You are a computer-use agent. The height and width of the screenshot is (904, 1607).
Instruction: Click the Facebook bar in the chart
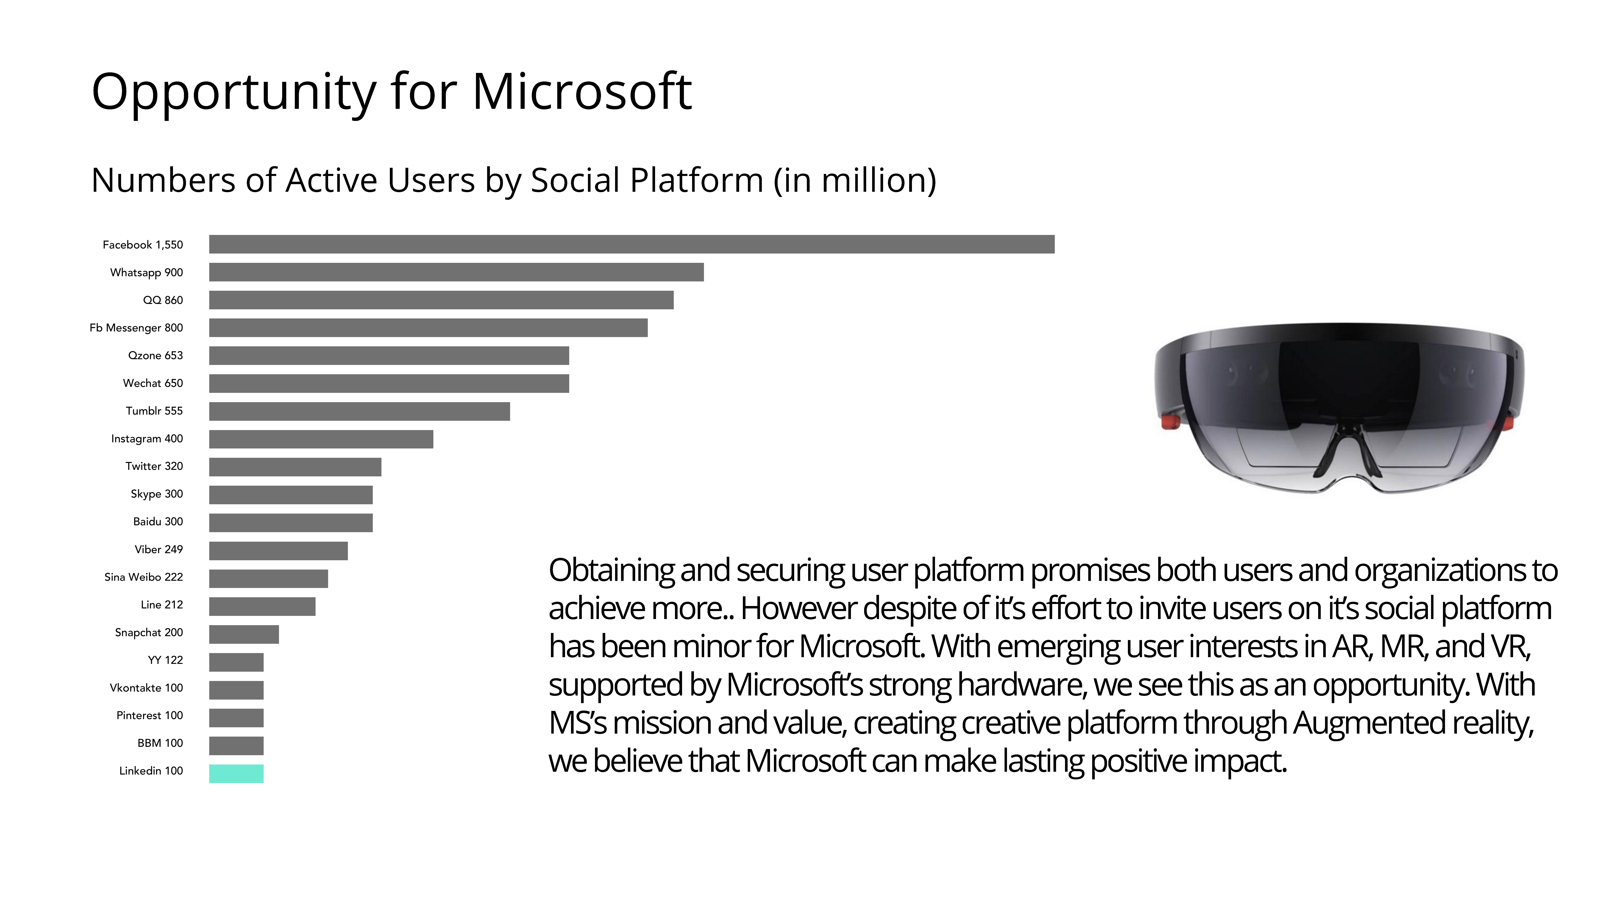click(x=631, y=245)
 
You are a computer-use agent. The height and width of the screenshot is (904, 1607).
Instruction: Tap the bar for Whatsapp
click(x=456, y=272)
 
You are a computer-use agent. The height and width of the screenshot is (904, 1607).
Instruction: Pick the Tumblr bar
click(x=359, y=411)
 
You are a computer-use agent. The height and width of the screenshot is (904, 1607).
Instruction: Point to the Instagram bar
click(x=321, y=439)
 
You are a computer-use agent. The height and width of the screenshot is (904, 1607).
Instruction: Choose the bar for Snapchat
click(x=244, y=634)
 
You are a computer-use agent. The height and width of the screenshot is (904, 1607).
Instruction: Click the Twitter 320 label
click(x=154, y=466)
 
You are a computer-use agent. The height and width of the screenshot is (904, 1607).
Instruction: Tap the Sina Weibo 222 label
click(x=143, y=577)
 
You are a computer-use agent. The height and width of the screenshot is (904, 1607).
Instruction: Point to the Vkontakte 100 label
click(x=146, y=687)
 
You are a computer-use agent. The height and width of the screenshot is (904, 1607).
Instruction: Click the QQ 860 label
click(x=163, y=300)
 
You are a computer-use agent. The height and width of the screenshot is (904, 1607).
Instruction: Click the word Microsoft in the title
click(x=581, y=92)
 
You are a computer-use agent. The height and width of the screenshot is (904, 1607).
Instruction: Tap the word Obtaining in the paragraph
click(x=611, y=571)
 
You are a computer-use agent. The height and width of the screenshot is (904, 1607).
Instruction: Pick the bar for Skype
click(x=291, y=495)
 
